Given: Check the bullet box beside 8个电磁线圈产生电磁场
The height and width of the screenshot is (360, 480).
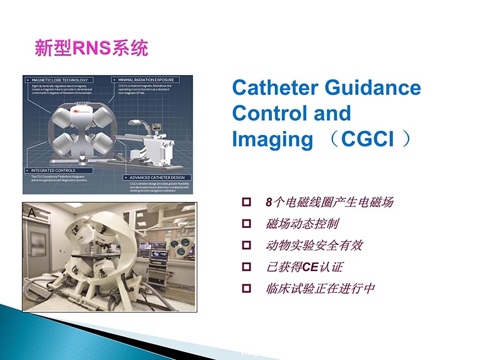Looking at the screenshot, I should (245, 202).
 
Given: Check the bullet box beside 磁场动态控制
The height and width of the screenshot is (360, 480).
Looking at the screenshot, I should (245, 224).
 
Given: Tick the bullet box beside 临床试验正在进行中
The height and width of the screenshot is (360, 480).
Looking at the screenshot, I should (245, 289).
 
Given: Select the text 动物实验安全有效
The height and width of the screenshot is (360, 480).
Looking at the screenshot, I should (314, 245).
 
